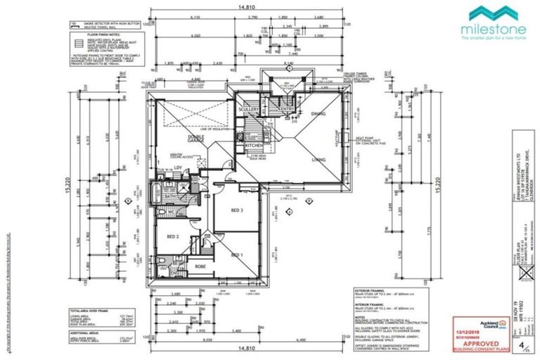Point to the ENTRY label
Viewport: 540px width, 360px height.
(288, 110)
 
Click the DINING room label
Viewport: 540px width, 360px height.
(318, 112)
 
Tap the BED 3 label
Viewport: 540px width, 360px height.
(236, 210)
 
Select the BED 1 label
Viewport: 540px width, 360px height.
(236, 255)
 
